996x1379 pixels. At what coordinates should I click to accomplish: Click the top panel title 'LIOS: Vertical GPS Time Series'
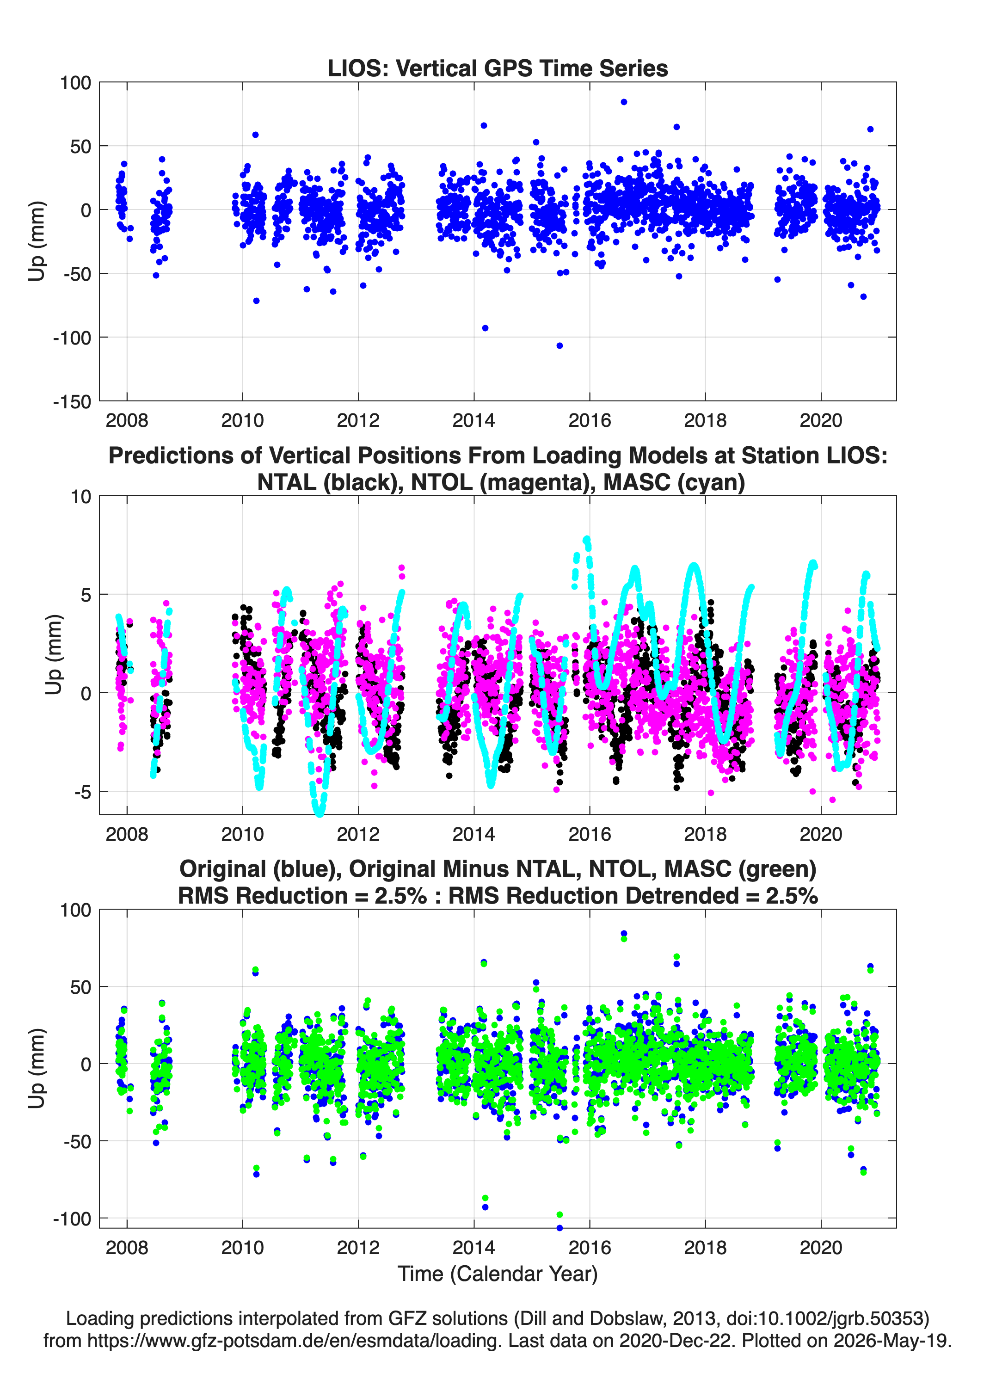click(498, 68)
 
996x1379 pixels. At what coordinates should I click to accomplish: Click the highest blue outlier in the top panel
click(624, 102)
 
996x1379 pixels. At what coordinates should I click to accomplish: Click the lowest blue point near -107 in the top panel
click(559, 345)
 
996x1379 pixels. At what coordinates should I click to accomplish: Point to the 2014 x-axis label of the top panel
click(473, 420)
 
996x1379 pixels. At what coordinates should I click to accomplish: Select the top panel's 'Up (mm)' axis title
click(37, 241)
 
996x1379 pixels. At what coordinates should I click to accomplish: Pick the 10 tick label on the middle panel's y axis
click(80, 497)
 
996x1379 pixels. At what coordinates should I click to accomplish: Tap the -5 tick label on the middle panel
click(82, 792)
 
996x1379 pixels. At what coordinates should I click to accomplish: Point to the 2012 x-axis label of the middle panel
click(358, 834)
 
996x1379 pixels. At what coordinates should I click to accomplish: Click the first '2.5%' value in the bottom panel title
click(400, 896)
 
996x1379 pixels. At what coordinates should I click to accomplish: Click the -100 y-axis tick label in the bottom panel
click(72, 1219)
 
